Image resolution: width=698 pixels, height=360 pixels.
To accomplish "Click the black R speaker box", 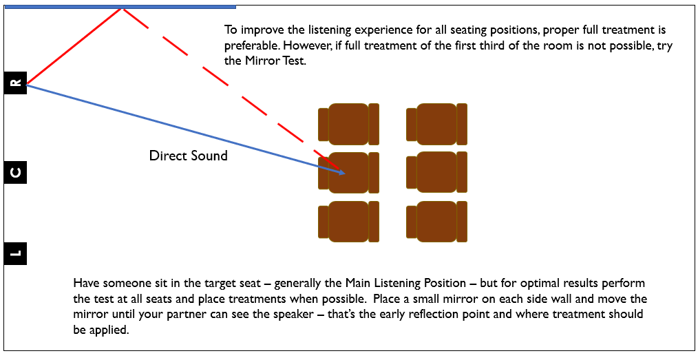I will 15,83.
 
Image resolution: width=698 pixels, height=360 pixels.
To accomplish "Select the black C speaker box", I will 15,172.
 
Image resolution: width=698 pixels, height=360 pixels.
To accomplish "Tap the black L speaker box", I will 15,253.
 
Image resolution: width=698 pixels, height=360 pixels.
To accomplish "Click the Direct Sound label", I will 188,156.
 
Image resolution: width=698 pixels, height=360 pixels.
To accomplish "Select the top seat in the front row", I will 349,124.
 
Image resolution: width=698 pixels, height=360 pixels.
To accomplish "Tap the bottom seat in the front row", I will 349,221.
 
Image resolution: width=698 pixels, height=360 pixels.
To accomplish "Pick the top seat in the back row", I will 437,124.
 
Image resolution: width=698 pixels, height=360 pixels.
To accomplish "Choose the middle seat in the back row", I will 437,172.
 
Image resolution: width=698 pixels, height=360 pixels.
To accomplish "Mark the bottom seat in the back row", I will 437,221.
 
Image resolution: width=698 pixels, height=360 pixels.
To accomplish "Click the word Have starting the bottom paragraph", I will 86,284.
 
